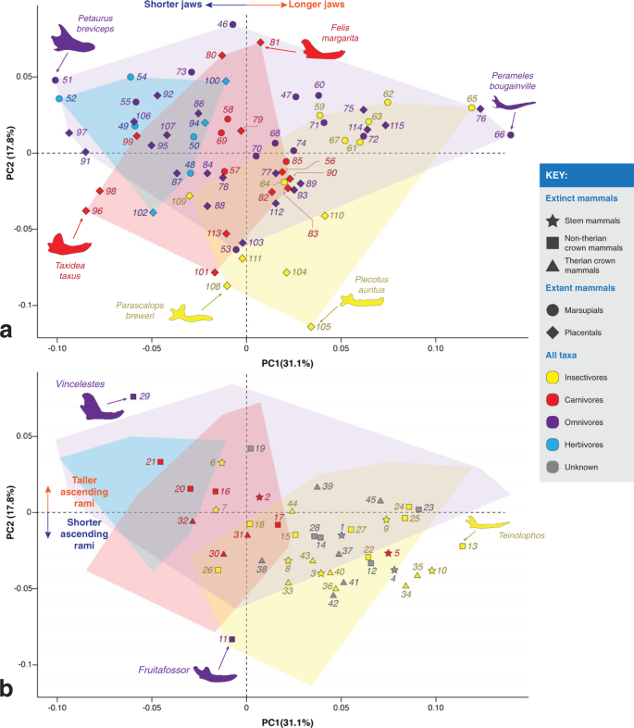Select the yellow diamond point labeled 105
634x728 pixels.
coord(312,326)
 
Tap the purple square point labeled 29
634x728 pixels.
coord(133,396)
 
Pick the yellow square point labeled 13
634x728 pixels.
coord(463,546)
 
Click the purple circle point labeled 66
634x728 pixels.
coord(510,135)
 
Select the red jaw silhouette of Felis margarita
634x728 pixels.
coord(320,49)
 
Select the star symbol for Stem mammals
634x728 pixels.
coord(552,220)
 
